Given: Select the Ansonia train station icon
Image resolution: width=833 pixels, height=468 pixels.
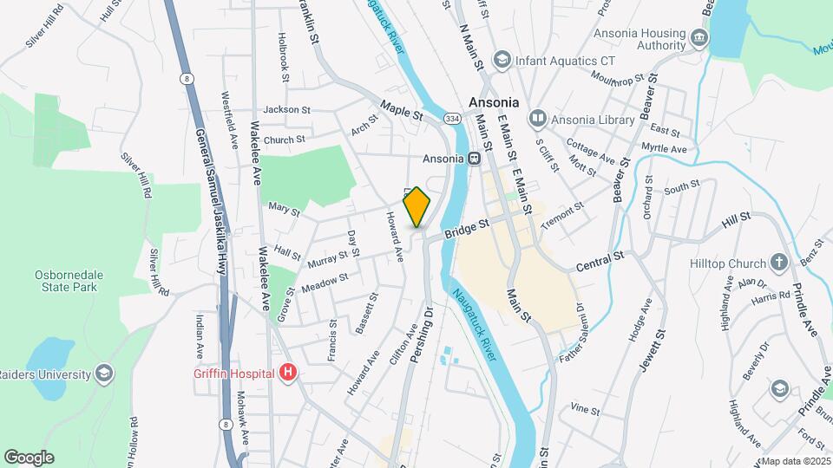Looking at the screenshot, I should pyautogui.click(x=474, y=159).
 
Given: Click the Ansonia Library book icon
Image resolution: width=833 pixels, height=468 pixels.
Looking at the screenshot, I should pyautogui.click(x=537, y=118).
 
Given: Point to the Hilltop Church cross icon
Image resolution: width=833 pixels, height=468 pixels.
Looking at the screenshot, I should pyautogui.click(x=778, y=263).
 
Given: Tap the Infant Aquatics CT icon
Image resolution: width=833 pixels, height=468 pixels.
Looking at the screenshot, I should pyautogui.click(x=501, y=61).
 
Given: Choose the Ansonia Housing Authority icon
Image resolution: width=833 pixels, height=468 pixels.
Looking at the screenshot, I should pyautogui.click(x=699, y=39).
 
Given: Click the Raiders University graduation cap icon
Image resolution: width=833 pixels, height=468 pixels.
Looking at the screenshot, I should pyautogui.click(x=104, y=374).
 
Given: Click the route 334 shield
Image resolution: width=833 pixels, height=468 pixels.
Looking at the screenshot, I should pyautogui.click(x=451, y=116).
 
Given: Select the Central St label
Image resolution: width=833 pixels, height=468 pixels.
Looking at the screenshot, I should pyautogui.click(x=600, y=257).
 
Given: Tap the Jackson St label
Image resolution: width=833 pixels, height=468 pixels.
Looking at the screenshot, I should pyautogui.click(x=286, y=110).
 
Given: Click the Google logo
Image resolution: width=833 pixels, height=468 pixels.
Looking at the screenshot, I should pyautogui.click(x=29, y=458).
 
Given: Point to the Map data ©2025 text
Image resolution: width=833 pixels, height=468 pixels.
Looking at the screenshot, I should pyautogui.click(x=795, y=461).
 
